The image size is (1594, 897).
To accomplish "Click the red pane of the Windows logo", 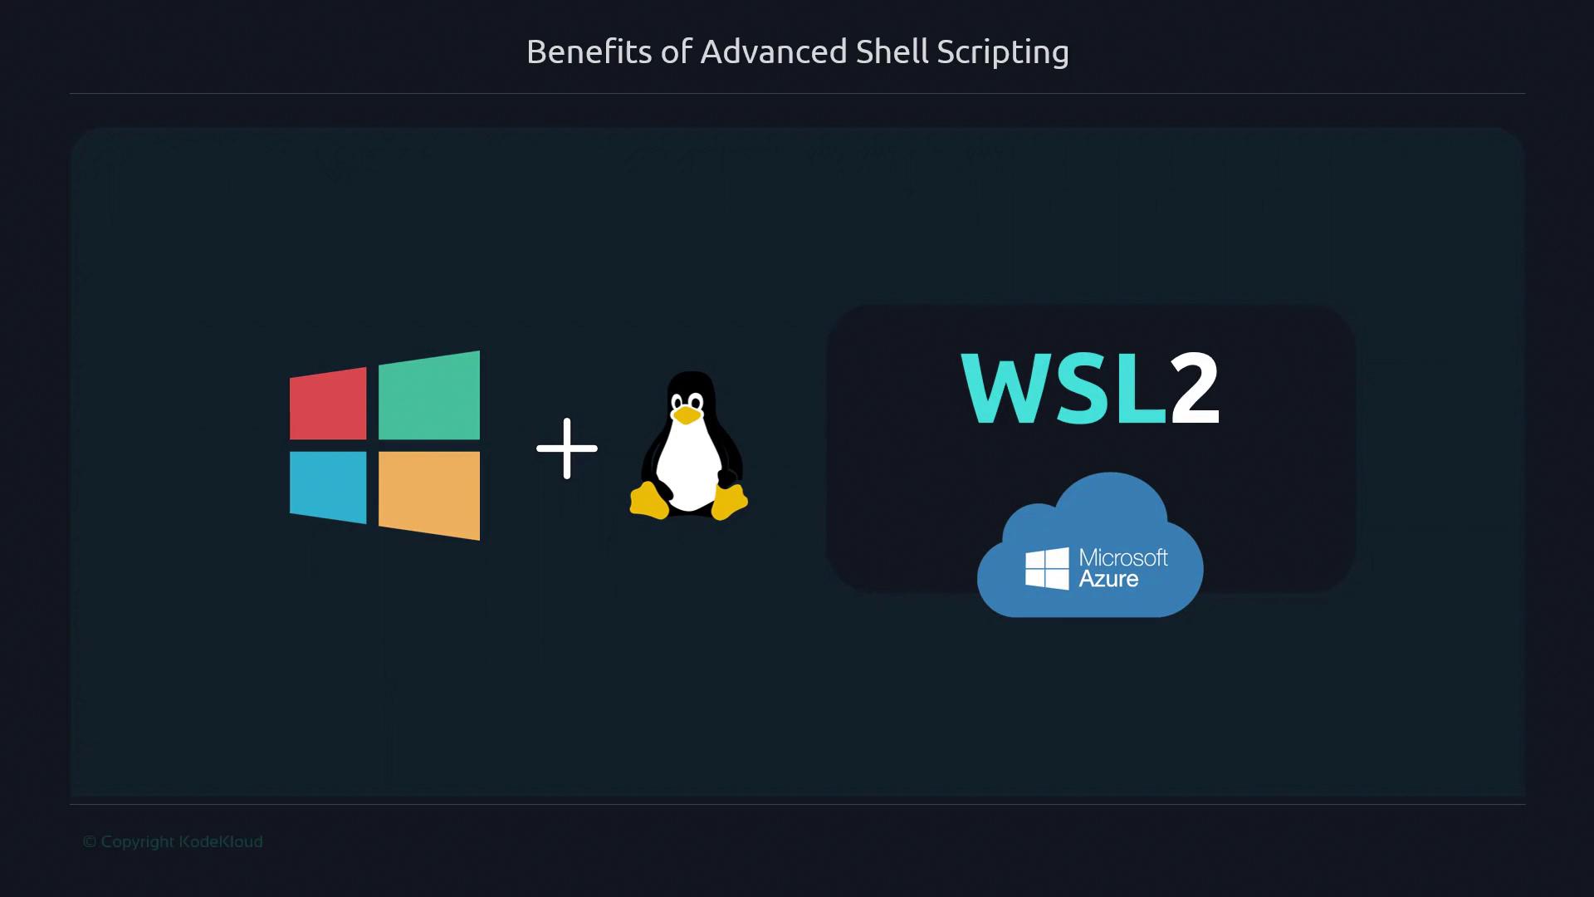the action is click(x=328, y=404).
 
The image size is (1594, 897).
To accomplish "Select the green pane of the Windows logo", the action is click(x=429, y=395).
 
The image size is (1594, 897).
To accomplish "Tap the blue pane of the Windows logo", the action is click(x=328, y=488).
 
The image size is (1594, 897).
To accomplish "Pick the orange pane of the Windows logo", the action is click(x=429, y=496).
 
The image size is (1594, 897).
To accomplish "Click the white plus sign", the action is click(x=567, y=448).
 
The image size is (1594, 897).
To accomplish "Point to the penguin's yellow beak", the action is click(x=686, y=415).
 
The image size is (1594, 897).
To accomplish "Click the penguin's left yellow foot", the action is click(x=649, y=501).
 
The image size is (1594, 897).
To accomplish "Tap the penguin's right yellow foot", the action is click(x=729, y=502).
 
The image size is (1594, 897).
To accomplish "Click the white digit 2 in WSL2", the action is click(x=1195, y=388).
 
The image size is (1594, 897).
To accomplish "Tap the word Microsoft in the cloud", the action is click(x=1123, y=557).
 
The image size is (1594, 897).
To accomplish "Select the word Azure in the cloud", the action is click(x=1108, y=579).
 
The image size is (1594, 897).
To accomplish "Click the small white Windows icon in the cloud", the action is click(x=1047, y=568).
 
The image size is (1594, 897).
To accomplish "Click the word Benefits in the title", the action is click(x=589, y=51).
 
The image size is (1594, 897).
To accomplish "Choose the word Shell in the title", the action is click(x=892, y=51).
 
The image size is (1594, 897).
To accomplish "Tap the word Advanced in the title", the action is click(x=774, y=51).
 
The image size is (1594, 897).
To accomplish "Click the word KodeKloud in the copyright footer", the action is click(x=221, y=841).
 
